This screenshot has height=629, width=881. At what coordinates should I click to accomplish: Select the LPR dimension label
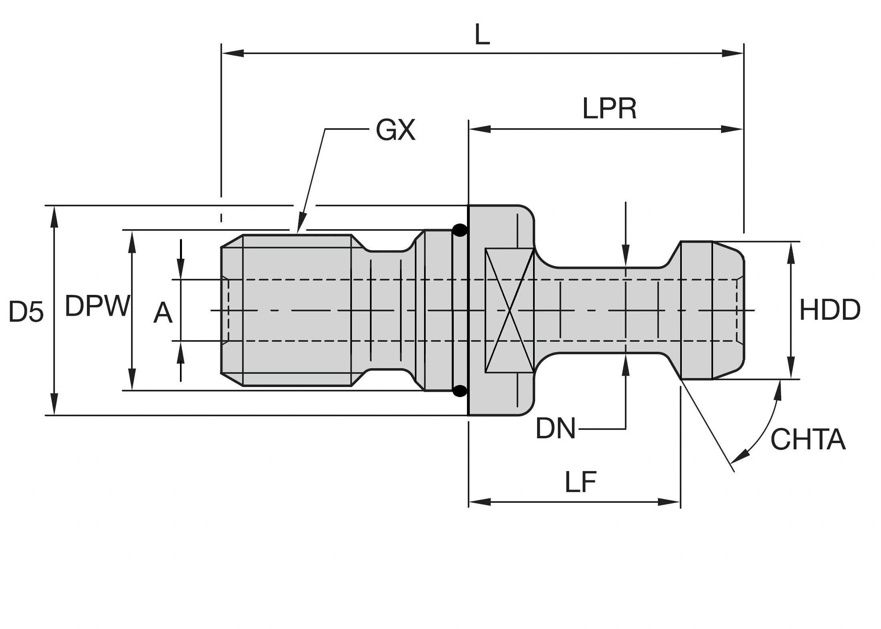609,109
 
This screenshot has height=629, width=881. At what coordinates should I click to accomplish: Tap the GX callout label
395,130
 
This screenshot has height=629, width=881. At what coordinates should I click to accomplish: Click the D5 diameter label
26,312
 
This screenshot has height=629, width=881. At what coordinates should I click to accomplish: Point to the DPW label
97,306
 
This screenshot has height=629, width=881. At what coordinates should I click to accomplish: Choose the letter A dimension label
163,313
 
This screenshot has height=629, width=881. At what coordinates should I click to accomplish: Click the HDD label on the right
830,310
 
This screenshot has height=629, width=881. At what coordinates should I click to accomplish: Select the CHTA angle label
808,439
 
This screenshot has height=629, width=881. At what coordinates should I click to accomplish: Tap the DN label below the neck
555,428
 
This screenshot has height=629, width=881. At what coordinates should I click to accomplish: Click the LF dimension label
580,482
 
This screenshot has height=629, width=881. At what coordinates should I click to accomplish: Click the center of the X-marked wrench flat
509,310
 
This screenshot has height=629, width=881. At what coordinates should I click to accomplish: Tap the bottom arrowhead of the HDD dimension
791,369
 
